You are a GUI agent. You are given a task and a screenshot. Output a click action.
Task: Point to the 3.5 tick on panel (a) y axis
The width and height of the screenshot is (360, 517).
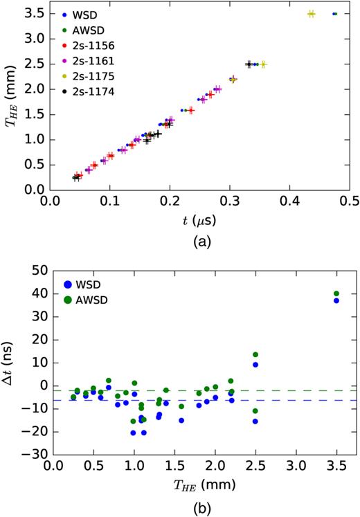(x=36, y=14)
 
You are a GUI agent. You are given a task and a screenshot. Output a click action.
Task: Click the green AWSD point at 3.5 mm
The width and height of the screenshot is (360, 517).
(x=336, y=293)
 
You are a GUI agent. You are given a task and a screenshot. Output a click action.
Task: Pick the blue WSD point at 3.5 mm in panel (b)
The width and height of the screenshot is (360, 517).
(x=336, y=300)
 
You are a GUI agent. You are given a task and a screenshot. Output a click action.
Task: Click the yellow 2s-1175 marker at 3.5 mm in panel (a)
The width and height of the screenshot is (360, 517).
(x=312, y=14)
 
